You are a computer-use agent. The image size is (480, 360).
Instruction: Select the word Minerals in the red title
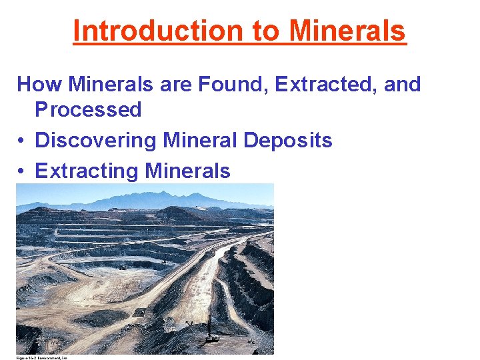click(348, 31)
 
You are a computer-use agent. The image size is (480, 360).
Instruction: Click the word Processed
click(88, 109)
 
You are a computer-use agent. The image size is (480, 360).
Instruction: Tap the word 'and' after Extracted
click(403, 85)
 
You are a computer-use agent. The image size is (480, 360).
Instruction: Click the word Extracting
click(85, 171)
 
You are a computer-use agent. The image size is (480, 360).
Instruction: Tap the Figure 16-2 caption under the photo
click(42, 358)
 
